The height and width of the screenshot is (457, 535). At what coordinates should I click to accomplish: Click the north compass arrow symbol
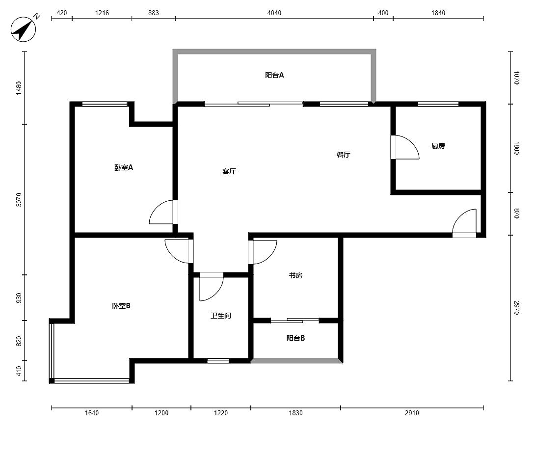23,29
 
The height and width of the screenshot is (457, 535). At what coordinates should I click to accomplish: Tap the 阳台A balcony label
274,75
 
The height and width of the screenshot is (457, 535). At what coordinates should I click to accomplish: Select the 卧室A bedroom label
124,167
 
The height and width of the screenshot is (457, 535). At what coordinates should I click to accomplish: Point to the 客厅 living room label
229,171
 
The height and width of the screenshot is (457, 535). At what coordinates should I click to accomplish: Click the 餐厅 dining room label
343,155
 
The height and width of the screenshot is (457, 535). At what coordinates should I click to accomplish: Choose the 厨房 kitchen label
438,146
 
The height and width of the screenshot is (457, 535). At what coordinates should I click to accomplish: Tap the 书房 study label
295,275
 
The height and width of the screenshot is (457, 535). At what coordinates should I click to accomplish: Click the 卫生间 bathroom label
221,316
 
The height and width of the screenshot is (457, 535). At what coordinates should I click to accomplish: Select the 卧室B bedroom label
121,306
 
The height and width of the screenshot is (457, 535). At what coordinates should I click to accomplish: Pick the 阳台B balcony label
295,338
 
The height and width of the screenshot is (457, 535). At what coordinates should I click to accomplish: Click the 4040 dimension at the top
274,13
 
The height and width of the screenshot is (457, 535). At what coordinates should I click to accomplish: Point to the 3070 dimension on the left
19,200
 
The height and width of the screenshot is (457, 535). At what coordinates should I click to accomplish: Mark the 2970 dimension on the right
516,308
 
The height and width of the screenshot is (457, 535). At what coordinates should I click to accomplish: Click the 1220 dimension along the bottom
221,413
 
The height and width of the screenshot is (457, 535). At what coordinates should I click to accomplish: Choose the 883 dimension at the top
154,13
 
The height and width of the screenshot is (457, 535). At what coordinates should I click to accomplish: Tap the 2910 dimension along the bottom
412,413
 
